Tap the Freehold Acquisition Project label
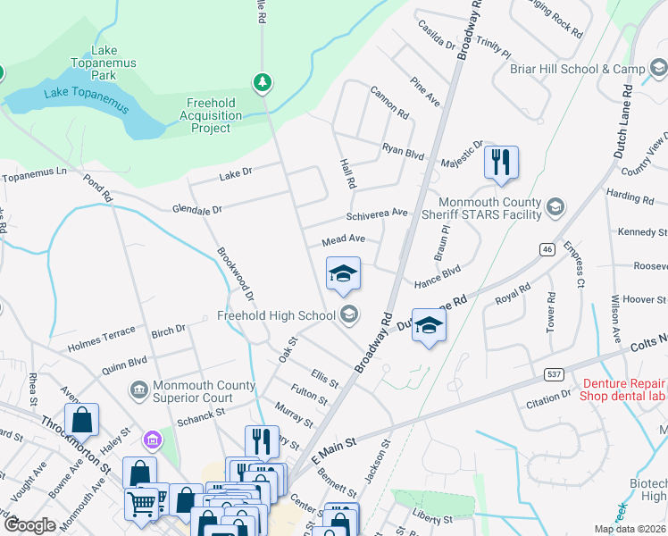click(x=211, y=115)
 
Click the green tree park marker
click(x=262, y=83)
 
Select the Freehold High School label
click(x=278, y=315)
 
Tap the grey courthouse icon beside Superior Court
click(x=138, y=390)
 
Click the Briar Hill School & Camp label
click(x=577, y=69)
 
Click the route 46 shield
click(x=545, y=251)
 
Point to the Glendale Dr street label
click(x=196, y=209)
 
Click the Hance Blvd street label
click(x=438, y=276)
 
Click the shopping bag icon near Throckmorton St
click(x=81, y=420)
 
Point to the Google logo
click(x=30, y=525)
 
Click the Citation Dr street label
click(x=548, y=394)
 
